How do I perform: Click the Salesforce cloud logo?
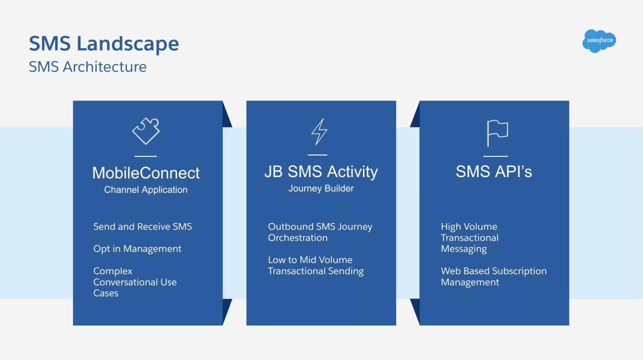(x=599, y=41)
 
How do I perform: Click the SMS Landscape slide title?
(x=104, y=44)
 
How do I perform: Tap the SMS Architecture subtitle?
(x=87, y=67)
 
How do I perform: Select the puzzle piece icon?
(x=146, y=131)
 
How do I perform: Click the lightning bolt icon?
(x=319, y=132)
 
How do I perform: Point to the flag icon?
(x=497, y=133)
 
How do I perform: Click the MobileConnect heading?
(x=146, y=173)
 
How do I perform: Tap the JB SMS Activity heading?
(x=321, y=172)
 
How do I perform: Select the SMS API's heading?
(x=493, y=172)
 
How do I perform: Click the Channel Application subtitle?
(x=146, y=190)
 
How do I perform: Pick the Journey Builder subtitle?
(x=321, y=188)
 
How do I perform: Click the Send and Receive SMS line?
(x=142, y=227)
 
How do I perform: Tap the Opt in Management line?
(x=137, y=249)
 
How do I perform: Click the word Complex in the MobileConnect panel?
(x=113, y=271)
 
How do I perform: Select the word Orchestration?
(x=298, y=238)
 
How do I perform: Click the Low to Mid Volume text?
(x=310, y=260)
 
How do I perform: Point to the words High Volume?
(x=469, y=227)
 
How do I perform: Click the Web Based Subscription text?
(x=493, y=271)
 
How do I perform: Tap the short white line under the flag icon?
(x=495, y=156)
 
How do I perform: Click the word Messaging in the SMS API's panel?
(x=464, y=249)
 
